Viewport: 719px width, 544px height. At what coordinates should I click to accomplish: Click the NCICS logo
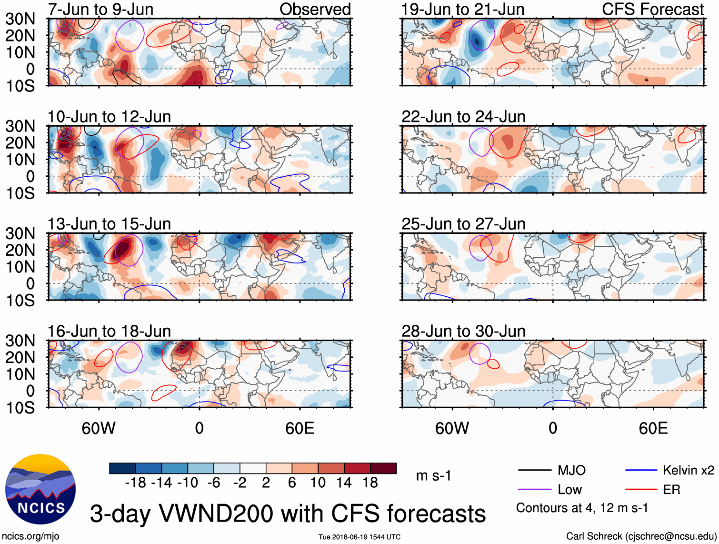(x=40, y=489)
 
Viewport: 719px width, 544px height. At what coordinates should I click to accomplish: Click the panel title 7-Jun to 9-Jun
(x=100, y=9)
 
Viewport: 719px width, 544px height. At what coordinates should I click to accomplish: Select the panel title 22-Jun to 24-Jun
(x=463, y=117)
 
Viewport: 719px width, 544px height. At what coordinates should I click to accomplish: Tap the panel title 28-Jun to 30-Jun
(x=463, y=331)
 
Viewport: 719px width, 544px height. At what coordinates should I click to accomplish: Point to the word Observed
(x=315, y=9)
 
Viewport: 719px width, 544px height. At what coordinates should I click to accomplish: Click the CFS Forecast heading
(x=653, y=9)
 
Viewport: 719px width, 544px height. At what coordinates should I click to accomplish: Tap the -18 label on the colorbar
(x=136, y=483)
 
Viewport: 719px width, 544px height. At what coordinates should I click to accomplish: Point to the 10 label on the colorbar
(x=318, y=483)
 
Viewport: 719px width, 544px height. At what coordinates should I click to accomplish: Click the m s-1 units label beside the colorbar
(x=433, y=475)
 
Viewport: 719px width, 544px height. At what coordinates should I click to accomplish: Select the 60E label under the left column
(x=300, y=428)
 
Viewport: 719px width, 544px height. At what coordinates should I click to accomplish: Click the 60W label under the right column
(x=452, y=428)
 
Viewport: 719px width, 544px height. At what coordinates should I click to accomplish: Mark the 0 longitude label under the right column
(x=553, y=428)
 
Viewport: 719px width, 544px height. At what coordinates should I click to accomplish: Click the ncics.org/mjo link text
(x=30, y=536)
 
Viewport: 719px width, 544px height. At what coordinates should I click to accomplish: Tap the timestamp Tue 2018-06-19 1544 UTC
(x=359, y=537)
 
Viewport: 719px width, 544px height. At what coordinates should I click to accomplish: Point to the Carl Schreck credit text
(x=641, y=536)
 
